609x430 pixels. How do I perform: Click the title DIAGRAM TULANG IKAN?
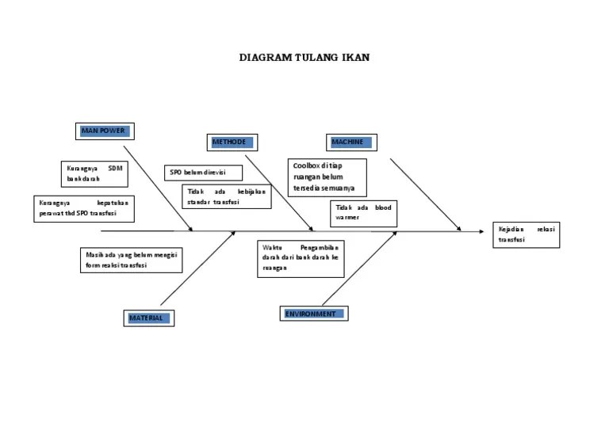coord(304,58)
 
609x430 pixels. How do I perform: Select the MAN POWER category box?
coord(103,131)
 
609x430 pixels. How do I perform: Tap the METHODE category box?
coord(232,143)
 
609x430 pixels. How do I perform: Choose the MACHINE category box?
coord(351,143)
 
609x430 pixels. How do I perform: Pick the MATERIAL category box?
coord(149,318)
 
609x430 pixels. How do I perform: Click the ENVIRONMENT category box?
coord(314,314)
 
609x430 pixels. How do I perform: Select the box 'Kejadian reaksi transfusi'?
coord(526,234)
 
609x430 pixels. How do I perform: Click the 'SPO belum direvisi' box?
coord(195,173)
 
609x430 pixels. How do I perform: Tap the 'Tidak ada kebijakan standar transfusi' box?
coord(227,196)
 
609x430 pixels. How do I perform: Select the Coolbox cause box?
coord(327,177)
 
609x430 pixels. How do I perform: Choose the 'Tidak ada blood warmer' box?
coord(363,213)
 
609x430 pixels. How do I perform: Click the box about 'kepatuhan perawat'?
coord(82,208)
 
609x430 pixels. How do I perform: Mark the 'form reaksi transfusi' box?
coord(131,261)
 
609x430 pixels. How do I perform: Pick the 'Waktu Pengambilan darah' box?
coord(301,258)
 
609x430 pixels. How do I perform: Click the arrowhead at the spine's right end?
coord(481,232)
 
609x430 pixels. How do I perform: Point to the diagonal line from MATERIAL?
coord(198,268)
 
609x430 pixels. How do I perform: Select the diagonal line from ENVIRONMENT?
coord(358,269)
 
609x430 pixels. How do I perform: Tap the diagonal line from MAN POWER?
coord(159,188)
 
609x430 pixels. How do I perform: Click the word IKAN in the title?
coord(356,58)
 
